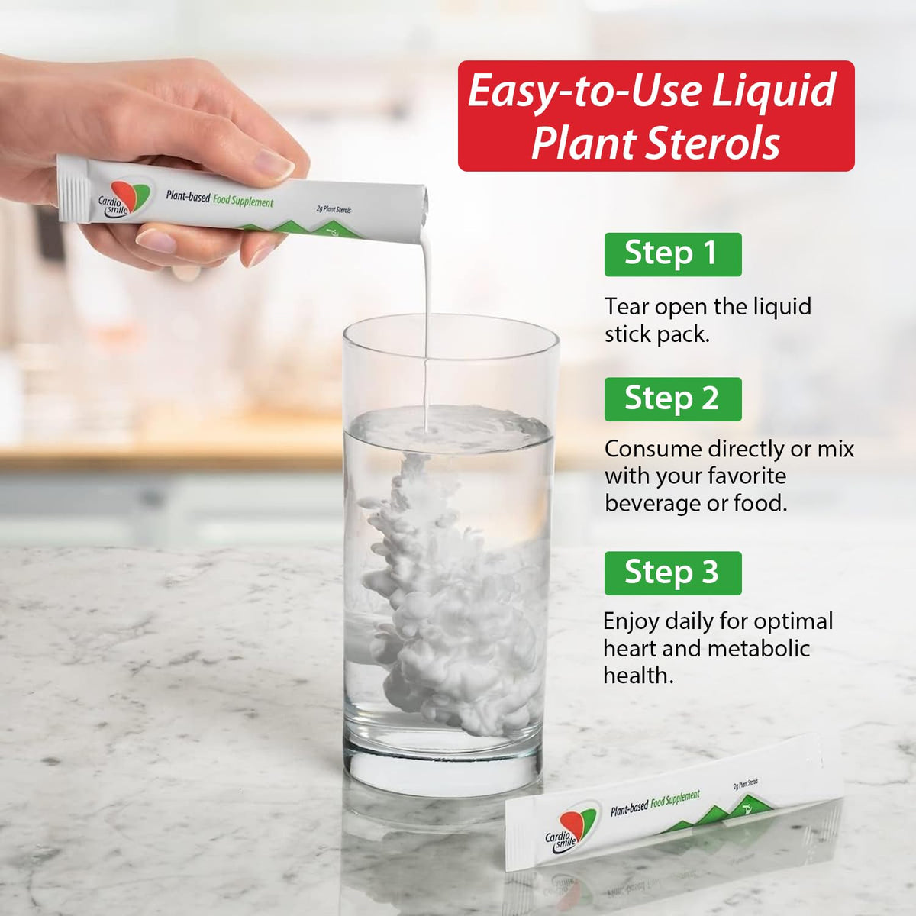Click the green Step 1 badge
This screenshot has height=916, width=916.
click(x=672, y=254)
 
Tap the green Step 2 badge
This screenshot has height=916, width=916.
click(x=672, y=398)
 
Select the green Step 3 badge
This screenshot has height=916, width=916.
click(x=672, y=572)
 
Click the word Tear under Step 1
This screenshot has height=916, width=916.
click(x=626, y=307)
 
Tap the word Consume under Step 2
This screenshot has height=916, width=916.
click(x=653, y=449)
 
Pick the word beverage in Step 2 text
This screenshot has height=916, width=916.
click(x=652, y=503)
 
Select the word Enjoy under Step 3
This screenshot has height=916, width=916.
click(x=631, y=622)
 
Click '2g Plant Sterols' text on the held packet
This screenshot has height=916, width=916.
click(x=334, y=210)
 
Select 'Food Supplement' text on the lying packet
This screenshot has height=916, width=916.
click(x=675, y=799)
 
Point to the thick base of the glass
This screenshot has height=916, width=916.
click(x=443, y=760)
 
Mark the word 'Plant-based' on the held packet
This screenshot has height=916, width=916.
click(x=188, y=196)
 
